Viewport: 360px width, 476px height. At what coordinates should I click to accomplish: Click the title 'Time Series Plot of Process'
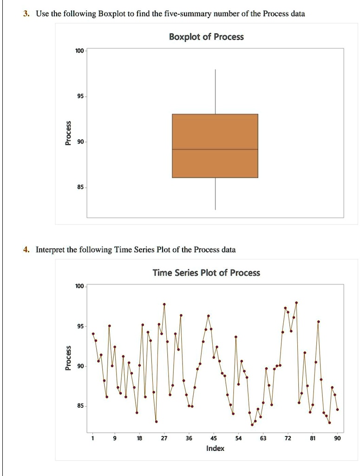point(207,273)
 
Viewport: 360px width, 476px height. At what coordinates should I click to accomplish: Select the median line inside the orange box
point(215,149)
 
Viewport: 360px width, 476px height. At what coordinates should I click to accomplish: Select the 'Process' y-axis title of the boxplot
point(68,133)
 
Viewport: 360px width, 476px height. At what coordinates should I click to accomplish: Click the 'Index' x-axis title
point(215,449)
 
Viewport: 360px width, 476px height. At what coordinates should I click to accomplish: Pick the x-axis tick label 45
point(213,438)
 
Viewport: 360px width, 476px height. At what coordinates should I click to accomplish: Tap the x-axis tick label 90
point(337,438)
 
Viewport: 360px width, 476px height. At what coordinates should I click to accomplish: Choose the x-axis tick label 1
point(93,438)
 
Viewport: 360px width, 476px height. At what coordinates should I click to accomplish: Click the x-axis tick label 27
point(164,438)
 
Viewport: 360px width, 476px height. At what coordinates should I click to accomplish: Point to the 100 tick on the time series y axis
point(79,286)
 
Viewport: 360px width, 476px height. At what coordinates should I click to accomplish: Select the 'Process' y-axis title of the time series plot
point(68,358)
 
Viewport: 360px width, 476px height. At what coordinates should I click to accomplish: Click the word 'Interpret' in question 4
point(51,250)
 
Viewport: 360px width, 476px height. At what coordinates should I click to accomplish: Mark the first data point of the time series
point(93,334)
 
